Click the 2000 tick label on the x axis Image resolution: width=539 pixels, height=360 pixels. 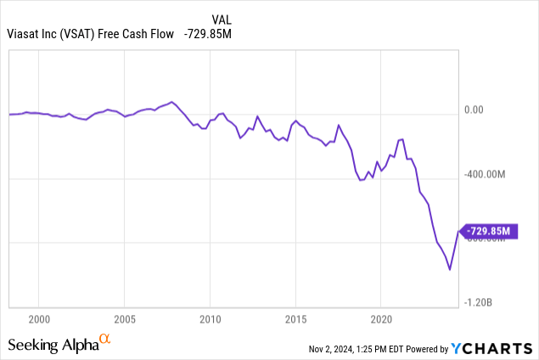(x=39, y=319)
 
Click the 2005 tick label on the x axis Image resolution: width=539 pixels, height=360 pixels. (x=124, y=319)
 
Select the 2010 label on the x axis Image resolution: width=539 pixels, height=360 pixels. (x=210, y=319)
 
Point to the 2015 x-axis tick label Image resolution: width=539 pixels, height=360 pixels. (x=295, y=319)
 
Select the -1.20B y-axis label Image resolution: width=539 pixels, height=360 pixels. (x=480, y=302)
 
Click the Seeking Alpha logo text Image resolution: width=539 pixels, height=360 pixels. (x=53, y=345)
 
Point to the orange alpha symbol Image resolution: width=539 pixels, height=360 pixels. (x=105, y=340)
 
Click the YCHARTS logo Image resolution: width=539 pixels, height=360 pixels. (x=495, y=347)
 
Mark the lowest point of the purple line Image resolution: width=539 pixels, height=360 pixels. (x=450, y=271)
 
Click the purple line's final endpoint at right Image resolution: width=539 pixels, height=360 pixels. (x=458, y=231)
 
